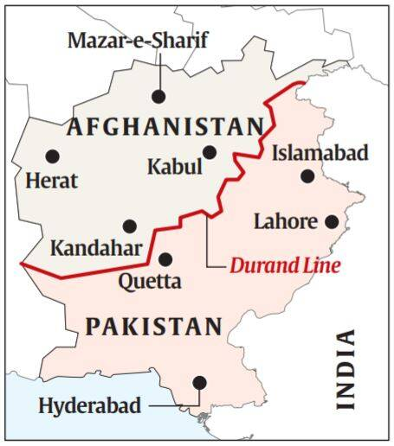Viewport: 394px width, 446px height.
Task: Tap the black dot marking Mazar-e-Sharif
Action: point(158,97)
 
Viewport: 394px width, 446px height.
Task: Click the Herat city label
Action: point(52,181)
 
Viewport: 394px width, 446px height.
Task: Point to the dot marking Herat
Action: point(52,156)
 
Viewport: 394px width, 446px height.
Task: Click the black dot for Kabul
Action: point(209,152)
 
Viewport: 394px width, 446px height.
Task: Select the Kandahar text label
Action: point(96,249)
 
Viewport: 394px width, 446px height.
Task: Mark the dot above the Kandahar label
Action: point(129,226)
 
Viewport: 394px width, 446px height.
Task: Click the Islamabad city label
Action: point(320,153)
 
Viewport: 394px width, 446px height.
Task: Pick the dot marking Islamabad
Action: point(307,176)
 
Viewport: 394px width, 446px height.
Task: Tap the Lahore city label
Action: point(285,221)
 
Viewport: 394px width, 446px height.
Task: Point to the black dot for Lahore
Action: point(331,221)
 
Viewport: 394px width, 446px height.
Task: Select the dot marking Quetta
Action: point(165,258)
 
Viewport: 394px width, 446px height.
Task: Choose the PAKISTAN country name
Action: point(153,327)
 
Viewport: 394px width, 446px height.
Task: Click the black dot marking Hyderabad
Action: point(200,382)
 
